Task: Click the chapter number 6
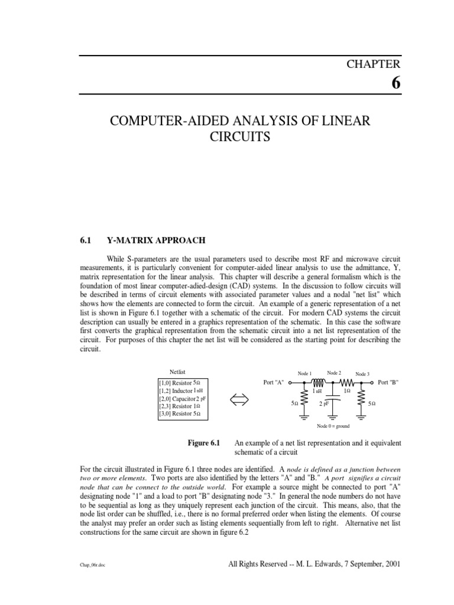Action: point(395,83)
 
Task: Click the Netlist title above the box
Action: point(177,372)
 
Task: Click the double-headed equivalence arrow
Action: point(242,400)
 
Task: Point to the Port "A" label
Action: point(274,383)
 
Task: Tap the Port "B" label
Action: point(388,383)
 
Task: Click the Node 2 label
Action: point(334,373)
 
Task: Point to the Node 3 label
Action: point(362,374)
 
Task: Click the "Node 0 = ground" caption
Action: point(333,426)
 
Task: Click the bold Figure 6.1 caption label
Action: point(203,443)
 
